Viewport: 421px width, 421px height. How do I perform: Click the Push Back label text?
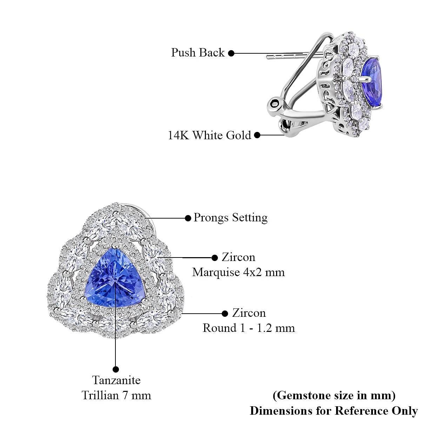tap(198, 52)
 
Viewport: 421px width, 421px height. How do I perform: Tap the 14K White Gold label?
tap(209, 135)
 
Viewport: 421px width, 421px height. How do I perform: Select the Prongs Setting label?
tap(231, 218)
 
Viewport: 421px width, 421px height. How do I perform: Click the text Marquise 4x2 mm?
tap(239, 273)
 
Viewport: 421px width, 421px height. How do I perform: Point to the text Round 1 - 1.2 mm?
tap(249, 328)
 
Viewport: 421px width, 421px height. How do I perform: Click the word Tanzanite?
tap(116, 380)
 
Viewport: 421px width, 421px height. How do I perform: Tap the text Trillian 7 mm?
tap(116, 395)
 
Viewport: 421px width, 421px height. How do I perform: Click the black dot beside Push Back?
tap(231, 53)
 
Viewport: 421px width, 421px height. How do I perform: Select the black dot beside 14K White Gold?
tap(258, 135)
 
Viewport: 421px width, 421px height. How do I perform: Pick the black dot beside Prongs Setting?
tap(188, 218)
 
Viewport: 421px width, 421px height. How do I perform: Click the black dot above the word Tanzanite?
tap(116, 369)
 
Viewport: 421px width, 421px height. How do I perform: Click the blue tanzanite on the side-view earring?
tap(372, 82)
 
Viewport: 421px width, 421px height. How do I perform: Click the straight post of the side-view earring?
tap(295, 55)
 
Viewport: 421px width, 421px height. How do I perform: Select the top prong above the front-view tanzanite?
tap(115, 245)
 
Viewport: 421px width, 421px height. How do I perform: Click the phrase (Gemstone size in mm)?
tap(334, 395)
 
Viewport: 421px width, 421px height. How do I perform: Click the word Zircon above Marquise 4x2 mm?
tap(239, 257)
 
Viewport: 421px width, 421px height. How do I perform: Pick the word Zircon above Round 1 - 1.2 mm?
tap(249, 313)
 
